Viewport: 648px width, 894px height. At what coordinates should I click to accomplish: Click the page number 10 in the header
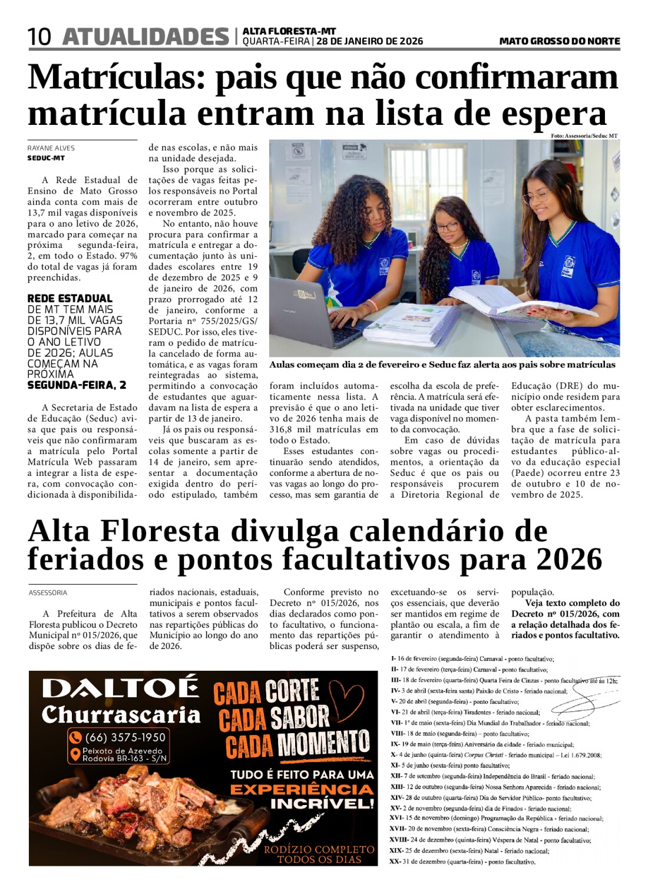tap(39, 37)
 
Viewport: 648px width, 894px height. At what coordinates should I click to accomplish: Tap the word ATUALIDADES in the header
tap(145, 37)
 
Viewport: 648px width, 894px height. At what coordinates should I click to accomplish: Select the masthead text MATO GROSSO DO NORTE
tap(559, 41)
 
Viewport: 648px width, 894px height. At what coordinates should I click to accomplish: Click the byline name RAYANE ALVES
tap(51, 148)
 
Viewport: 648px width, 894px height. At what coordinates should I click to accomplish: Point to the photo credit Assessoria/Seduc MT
tap(584, 136)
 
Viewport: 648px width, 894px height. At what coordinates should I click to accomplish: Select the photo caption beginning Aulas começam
tap(442, 365)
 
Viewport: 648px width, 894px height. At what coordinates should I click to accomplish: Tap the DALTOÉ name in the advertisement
tap(120, 688)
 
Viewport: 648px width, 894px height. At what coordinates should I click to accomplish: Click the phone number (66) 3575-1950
tap(125, 737)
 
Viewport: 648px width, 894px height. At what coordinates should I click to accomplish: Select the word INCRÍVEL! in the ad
tap(322, 803)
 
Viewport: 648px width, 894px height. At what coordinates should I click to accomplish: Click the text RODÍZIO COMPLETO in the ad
tap(319, 849)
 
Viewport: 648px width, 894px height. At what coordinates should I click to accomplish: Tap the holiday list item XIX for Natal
tap(470, 851)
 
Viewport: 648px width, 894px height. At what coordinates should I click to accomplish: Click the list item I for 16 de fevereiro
tap(472, 659)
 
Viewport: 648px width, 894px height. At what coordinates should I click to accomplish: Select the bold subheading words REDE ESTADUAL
tap(70, 299)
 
